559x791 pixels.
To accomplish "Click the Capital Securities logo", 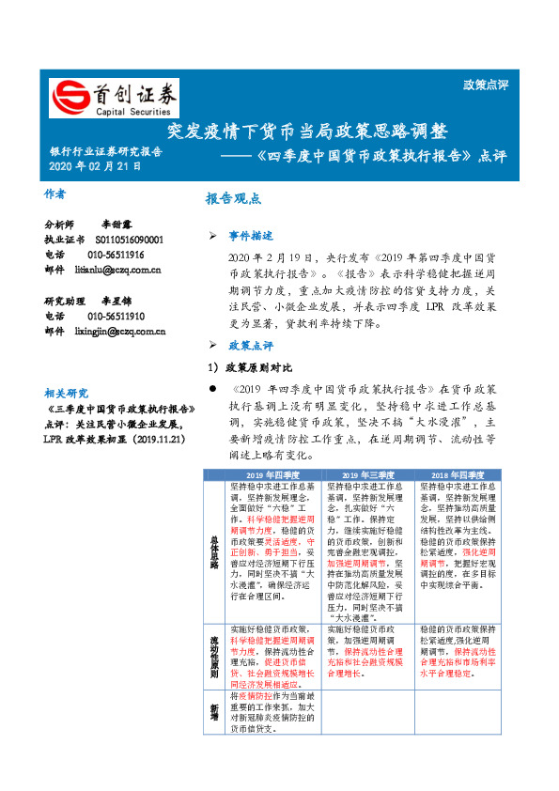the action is (x=114, y=98).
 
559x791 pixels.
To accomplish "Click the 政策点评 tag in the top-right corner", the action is (x=486, y=85).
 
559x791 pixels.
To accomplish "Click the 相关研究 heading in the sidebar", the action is (x=65, y=393).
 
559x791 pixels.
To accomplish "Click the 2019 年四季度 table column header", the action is (x=274, y=475).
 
